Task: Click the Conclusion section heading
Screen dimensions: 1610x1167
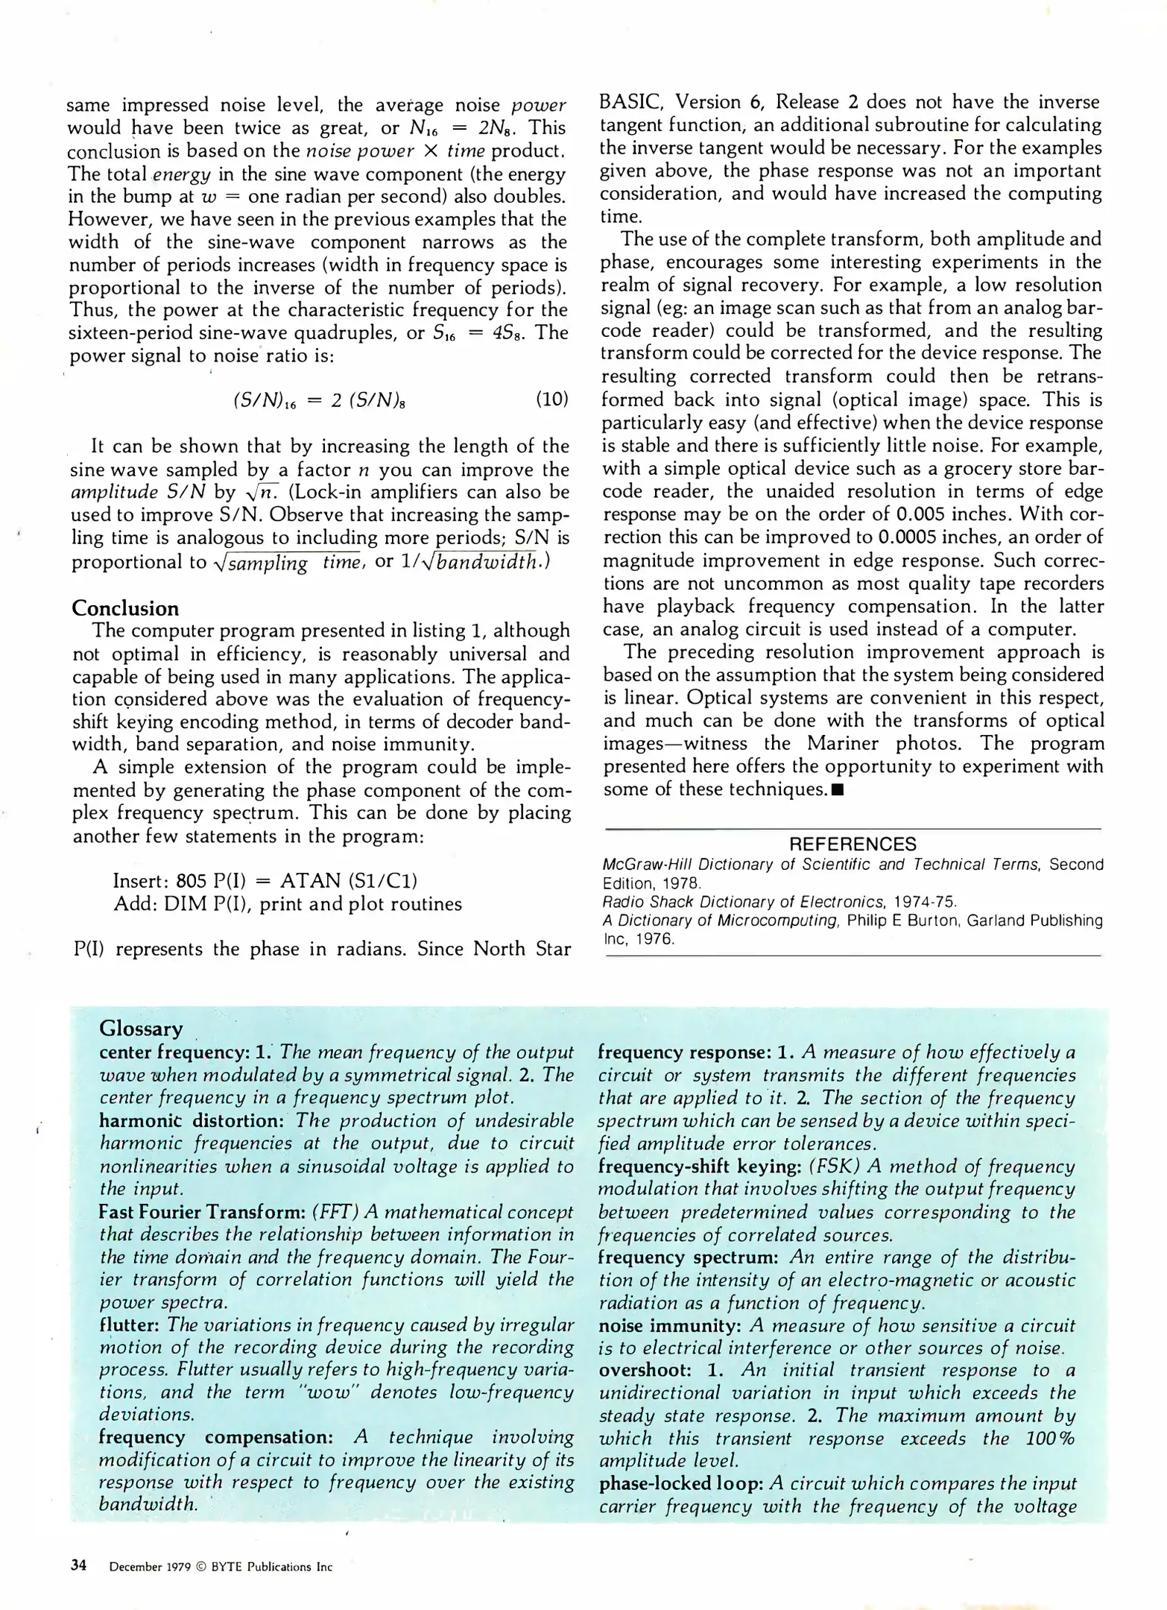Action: click(x=125, y=608)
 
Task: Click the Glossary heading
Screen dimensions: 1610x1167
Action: click(x=141, y=1029)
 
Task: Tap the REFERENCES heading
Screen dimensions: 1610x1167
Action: click(x=853, y=844)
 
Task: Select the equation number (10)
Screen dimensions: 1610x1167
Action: click(x=551, y=399)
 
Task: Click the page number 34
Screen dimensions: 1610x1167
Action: click(x=78, y=1565)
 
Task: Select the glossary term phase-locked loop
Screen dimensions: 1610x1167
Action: click(x=681, y=1483)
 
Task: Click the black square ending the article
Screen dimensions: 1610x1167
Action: click(x=838, y=789)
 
